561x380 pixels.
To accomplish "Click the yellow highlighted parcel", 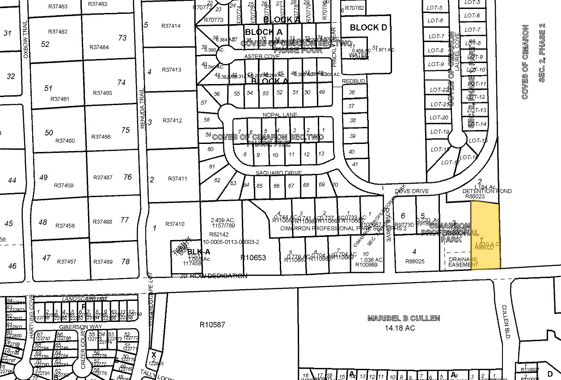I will (x=485, y=235).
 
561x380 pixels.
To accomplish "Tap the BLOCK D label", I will (x=368, y=28).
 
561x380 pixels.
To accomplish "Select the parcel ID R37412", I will (x=172, y=121).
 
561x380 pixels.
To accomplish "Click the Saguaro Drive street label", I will (x=278, y=173).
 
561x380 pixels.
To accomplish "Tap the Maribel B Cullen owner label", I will (x=404, y=319).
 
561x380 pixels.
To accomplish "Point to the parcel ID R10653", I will (x=253, y=258).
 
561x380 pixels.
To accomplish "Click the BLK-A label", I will (x=196, y=252).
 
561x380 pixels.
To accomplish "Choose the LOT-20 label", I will (x=439, y=118).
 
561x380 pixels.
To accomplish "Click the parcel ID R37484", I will (x=99, y=47).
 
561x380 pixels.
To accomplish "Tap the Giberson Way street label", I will (x=73, y=327).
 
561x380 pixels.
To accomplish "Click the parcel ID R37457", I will (x=67, y=262).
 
